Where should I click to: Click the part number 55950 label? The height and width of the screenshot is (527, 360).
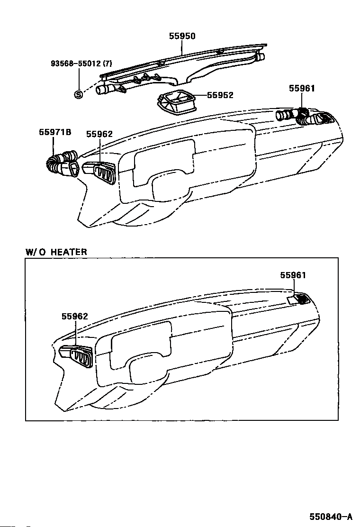click(x=182, y=36)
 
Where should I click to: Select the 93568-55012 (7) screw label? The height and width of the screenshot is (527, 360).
click(x=81, y=63)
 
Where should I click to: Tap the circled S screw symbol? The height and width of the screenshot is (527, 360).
click(x=79, y=94)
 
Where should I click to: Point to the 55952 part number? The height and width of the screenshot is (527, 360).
click(x=220, y=95)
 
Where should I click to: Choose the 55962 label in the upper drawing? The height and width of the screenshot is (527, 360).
click(x=99, y=134)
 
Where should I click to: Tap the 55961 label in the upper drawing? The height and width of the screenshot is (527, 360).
click(x=302, y=89)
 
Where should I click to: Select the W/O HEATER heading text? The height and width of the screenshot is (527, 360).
click(x=56, y=252)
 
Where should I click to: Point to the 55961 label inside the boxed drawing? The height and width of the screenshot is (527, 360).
click(x=293, y=275)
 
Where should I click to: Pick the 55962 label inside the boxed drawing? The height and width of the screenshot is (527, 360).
click(x=74, y=316)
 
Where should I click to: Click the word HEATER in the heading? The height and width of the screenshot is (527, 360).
click(x=69, y=252)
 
